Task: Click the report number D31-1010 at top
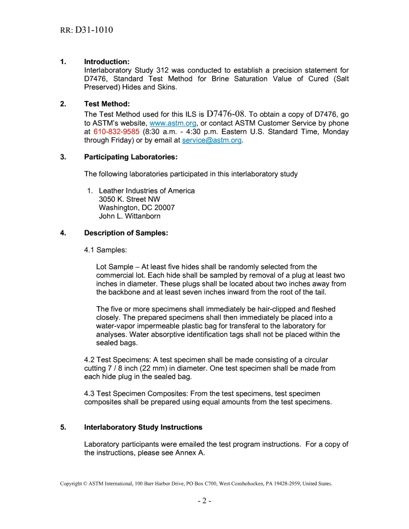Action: pos(94,30)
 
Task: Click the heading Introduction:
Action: pos(107,62)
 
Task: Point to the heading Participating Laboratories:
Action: pos(131,157)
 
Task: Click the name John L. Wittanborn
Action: pos(130,216)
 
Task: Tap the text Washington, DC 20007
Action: pos(136,208)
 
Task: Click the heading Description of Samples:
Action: pos(126,233)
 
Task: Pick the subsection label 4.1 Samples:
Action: pos(105,250)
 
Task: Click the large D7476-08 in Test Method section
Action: pos(226,114)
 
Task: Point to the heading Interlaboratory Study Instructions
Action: pos(143,428)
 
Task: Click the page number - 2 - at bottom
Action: pos(204,501)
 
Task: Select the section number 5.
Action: pos(63,428)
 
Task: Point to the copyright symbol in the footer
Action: pos(85,484)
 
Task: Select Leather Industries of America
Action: pos(146,191)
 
